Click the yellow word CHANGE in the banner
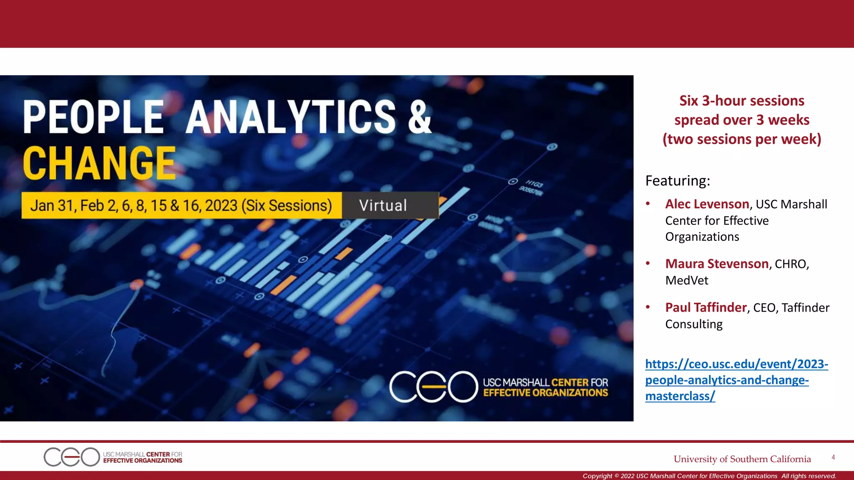pyautogui.click(x=99, y=163)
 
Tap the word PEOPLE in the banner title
pyautogui.click(x=93, y=117)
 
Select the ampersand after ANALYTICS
pyautogui.click(x=419, y=117)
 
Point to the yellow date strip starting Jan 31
pyautogui.click(x=181, y=205)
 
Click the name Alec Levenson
pyautogui.click(x=707, y=204)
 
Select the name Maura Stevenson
pyautogui.click(x=717, y=264)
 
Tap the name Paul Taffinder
pyautogui.click(x=706, y=307)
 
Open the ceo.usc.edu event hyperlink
pyautogui.click(x=736, y=380)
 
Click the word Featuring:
pyautogui.click(x=678, y=181)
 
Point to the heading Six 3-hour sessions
pyautogui.click(x=741, y=101)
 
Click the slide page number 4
pyautogui.click(x=833, y=457)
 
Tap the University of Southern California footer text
pyautogui.click(x=742, y=459)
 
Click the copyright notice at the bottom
pyautogui.click(x=709, y=476)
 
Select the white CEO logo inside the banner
pyautogui.click(x=433, y=387)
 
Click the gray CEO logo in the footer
pyautogui.click(x=71, y=457)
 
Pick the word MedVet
pyautogui.click(x=686, y=280)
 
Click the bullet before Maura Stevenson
pyautogui.click(x=648, y=263)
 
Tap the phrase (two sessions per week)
pyautogui.click(x=741, y=139)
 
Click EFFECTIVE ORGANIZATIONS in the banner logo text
pyautogui.click(x=545, y=393)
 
